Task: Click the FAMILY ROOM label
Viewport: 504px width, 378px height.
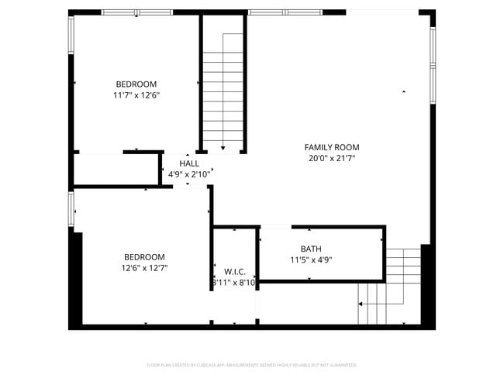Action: tap(331, 147)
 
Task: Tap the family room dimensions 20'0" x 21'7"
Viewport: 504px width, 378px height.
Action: tap(331, 159)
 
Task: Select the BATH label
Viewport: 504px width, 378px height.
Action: tap(311, 249)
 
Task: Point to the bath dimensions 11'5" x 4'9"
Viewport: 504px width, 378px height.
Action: tap(311, 259)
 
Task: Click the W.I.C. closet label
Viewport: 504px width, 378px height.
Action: tap(234, 272)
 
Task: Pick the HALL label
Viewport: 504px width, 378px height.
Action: tap(189, 163)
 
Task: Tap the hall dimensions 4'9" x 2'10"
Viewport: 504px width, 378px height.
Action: tap(189, 174)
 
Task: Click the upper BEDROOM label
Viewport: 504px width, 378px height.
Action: tap(136, 84)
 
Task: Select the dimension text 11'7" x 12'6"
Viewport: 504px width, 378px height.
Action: tap(136, 95)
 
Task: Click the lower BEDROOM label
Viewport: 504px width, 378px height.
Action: tap(144, 257)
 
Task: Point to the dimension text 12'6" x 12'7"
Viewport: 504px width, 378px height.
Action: tap(144, 268)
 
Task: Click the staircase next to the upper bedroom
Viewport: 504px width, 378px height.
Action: tap(223, 85)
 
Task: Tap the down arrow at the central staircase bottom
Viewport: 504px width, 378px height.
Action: tap(223, 146)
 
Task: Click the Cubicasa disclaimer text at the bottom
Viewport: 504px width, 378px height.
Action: tap(252, 364)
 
